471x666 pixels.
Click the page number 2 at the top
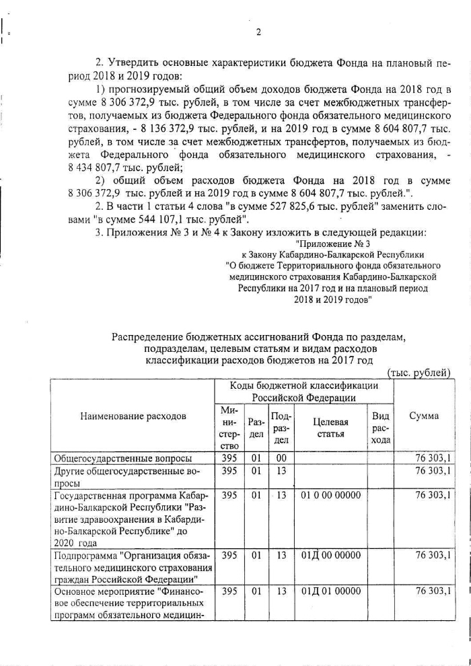coord(258,32)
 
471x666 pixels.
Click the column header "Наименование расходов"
coord(133,416)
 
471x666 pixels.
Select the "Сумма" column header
coord(424,416)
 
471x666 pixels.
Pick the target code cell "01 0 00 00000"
coord(330,495)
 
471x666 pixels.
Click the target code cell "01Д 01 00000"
coord(330,591)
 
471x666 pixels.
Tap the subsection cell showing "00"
coord(281,458)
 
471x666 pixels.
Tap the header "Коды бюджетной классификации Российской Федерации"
coord(303,392)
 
